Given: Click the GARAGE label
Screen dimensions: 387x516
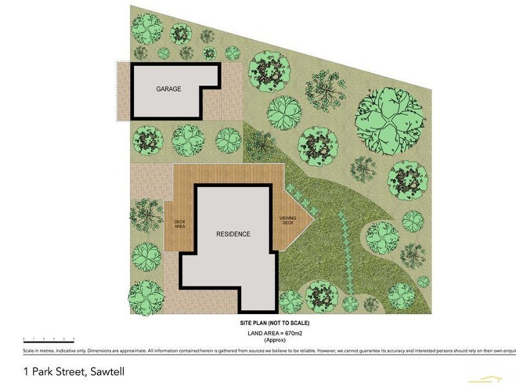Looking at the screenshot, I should [168, 89].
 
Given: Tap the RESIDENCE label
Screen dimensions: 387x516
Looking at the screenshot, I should [233, 234].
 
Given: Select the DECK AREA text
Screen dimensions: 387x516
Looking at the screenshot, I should [180, 224].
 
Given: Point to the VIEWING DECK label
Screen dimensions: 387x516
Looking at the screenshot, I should [287, 221].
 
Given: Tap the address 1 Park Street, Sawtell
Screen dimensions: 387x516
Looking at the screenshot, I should [73, 372].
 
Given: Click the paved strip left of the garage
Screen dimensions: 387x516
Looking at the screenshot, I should [123, 91].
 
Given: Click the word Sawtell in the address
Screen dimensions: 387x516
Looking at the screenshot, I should [105, 372].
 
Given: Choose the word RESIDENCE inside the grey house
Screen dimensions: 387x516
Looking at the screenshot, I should [233, 234].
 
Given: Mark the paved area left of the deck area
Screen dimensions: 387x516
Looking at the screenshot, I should [150, 181].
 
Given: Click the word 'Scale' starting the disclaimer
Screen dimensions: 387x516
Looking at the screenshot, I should [29, 350].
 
